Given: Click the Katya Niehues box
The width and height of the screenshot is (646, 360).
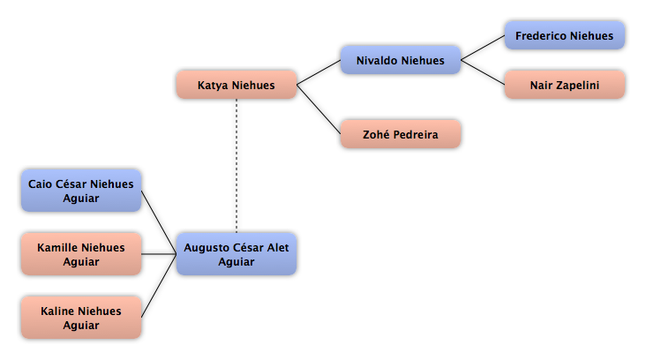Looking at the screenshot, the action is (x=237, y=85).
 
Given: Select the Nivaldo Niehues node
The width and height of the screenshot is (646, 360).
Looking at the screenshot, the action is (x=401, y=60).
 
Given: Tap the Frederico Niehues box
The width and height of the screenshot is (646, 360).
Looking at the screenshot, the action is (x=565, y=35).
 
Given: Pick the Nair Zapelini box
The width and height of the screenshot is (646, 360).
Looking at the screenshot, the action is (x=565, y=85).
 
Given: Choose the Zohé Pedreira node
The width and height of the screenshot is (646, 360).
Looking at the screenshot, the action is (x=401, y=134).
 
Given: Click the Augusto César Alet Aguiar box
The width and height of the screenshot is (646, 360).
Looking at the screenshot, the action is (x=237, y=254).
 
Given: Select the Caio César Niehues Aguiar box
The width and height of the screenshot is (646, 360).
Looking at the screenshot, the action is (x=81, y=191).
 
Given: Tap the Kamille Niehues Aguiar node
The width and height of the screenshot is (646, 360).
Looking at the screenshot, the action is (x=81, y=254).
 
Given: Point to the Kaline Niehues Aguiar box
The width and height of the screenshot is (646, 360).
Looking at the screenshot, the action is (x=81, y=317).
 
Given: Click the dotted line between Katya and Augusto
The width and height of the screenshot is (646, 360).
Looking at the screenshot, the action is (x=237, y=166).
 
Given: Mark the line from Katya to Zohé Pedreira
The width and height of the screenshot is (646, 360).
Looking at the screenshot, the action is (x=319, y=109).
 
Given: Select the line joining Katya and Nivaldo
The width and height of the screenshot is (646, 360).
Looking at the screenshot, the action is (x=319, y=72).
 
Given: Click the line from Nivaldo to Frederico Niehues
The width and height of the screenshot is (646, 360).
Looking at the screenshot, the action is (x=483, y=48).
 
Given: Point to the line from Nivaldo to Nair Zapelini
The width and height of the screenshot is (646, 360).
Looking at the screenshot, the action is (x=483, y=72).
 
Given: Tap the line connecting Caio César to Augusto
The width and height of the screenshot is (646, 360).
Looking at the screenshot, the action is (x=159, y=222).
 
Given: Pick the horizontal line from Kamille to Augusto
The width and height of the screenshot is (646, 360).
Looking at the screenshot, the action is (x=159, y=254).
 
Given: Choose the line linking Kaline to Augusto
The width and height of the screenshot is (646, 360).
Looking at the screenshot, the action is (x=159, y=286).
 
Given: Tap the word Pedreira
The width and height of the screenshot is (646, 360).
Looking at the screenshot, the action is (x=416, y=134).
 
